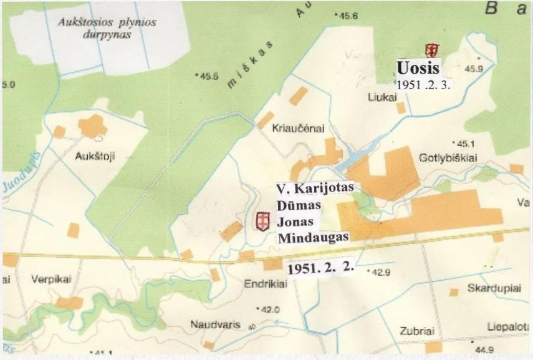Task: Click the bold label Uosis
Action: click(419, 67)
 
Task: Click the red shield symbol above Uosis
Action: click(429, 50)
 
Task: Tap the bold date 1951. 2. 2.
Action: click(320, 268)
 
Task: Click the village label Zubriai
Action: click(418, 331)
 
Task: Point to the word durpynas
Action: click(106, 35)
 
